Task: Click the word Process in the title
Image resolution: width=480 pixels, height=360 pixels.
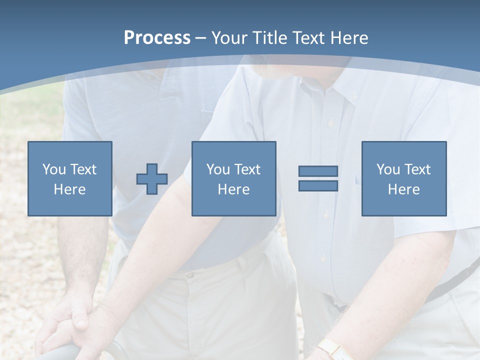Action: pos(157,38)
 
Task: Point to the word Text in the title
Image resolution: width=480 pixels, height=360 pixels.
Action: pos(307,38)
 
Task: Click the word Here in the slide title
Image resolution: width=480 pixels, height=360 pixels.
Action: pos(348,38)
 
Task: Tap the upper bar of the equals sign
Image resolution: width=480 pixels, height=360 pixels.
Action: pos(318,171)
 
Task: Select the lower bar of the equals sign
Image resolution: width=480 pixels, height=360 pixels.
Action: pos(318,185)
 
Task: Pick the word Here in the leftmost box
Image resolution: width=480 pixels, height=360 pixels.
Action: pos(69,189)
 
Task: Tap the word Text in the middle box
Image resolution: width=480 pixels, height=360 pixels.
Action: pos(247,169)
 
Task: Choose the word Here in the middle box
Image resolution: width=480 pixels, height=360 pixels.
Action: pos(233,189)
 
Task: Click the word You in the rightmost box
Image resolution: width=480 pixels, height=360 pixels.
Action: pos(388,169)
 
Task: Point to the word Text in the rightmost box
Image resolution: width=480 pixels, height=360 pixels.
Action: pos(417,169)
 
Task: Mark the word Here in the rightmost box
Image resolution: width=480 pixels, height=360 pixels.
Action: pos(403,189)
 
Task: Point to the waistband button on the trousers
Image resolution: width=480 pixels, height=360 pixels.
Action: pos(190,275)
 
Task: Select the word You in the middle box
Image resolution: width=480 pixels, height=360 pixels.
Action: pos(218,169)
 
